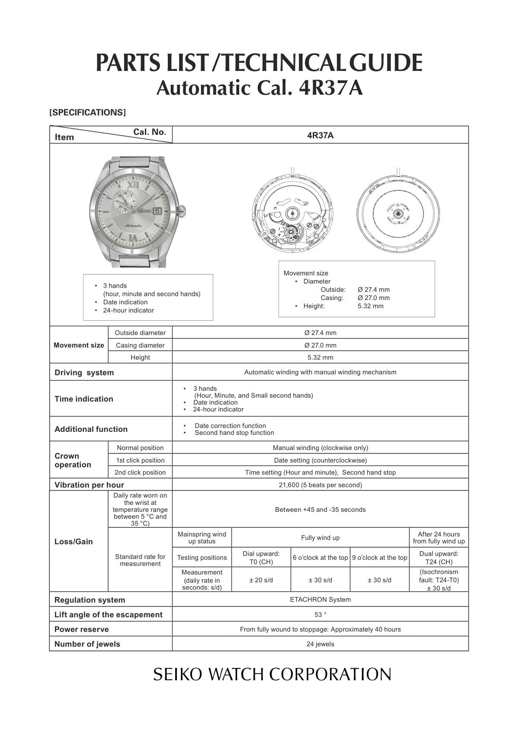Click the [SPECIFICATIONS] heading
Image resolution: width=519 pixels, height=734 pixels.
(87, 112)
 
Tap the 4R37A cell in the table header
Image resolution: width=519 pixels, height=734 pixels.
(320, 135)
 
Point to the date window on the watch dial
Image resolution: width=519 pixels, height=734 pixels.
(157, 211)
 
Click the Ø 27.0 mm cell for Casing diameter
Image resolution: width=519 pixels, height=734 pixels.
(320, 345)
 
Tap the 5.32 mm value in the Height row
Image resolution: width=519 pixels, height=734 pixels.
(320, 357)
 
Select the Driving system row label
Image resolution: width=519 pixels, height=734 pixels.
(84, 373)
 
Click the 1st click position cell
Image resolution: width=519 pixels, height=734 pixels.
(140, 460)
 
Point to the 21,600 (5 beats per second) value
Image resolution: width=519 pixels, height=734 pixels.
(320, 485)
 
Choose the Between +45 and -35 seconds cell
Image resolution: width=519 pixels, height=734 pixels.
(320, 510)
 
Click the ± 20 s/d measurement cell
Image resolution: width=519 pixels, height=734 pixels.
(261, 580)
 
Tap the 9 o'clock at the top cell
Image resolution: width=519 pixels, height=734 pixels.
(379, 558)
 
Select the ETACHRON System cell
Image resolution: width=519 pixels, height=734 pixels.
(320, 600)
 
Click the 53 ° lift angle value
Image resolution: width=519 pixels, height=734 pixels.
(320, 615)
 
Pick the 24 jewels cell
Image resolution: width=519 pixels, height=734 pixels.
(320, 644)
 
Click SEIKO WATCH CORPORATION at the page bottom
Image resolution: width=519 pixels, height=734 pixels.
(272, 674)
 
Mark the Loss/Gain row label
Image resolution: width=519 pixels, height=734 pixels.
(74, 542)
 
